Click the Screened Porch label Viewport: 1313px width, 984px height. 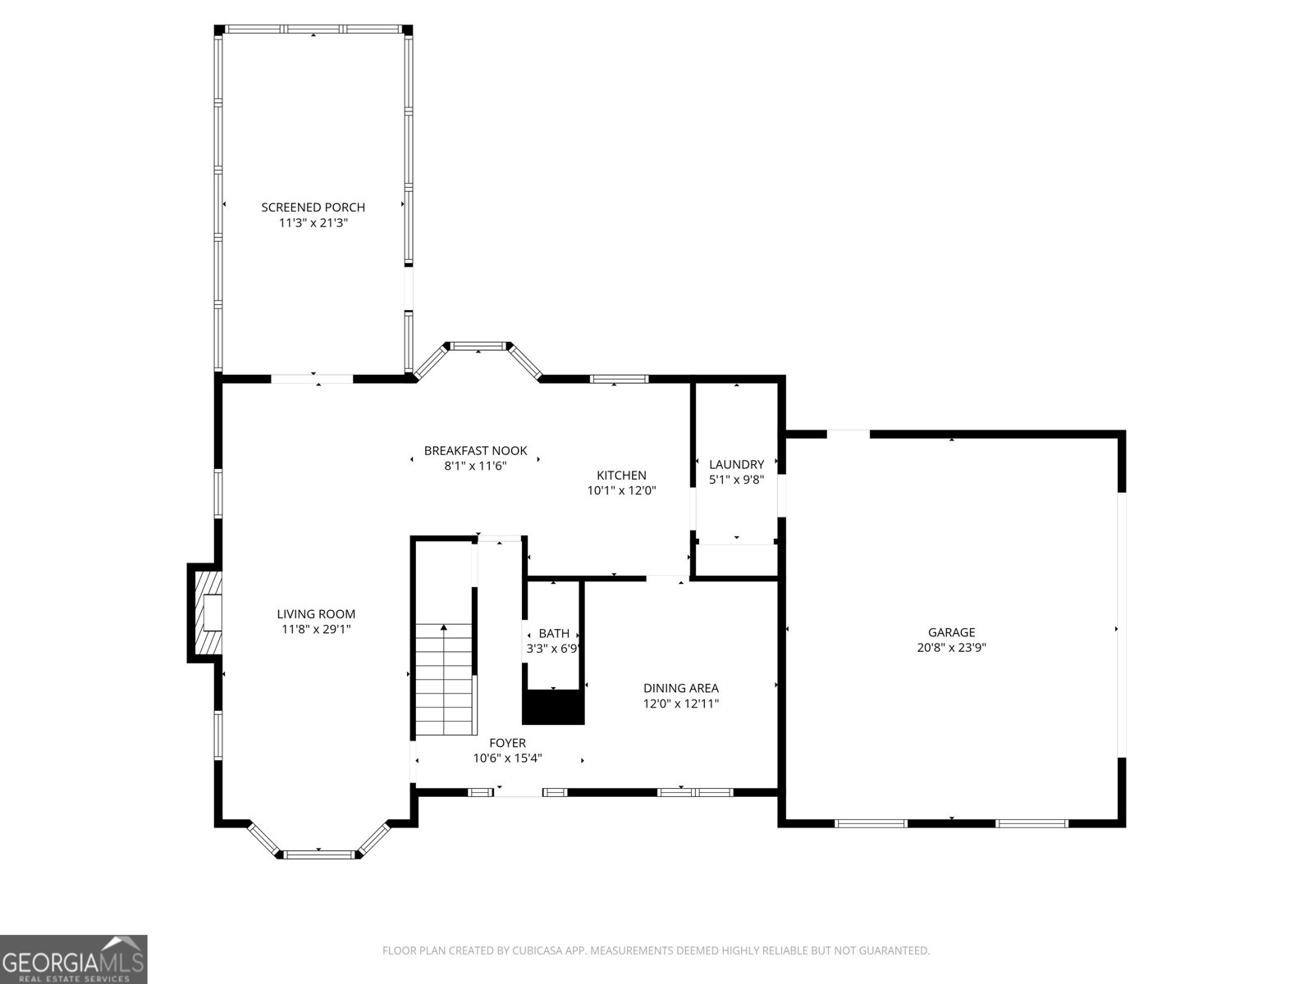[x=313, y=207]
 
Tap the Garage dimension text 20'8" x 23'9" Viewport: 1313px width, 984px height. [x=951, y=647]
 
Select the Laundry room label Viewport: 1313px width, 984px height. [x=736, y=464]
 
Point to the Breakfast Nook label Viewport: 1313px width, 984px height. [x=475, y=450]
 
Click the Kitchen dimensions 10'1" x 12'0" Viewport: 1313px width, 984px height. [x=621, y=490]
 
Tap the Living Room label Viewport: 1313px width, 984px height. [x=316, y=613]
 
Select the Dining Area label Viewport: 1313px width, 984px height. [x=680, y=688]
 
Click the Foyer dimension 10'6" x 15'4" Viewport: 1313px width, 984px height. [x=507, y=758]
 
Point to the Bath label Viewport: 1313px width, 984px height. [x=554, y=633]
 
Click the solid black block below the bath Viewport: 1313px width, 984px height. [x=553, y=707]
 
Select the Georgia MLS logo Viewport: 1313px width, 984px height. [x=73, y=959]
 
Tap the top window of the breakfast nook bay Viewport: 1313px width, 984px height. [x=478, y=346]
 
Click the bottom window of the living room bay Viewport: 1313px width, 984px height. [x=319, y=854]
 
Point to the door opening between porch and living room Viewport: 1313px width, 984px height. [x=312, y=379]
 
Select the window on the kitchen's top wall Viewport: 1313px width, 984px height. [x=619, y=379]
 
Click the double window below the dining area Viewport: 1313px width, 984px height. [x=694, y=792]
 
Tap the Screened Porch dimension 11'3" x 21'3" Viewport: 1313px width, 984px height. [x=313, y=222]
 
